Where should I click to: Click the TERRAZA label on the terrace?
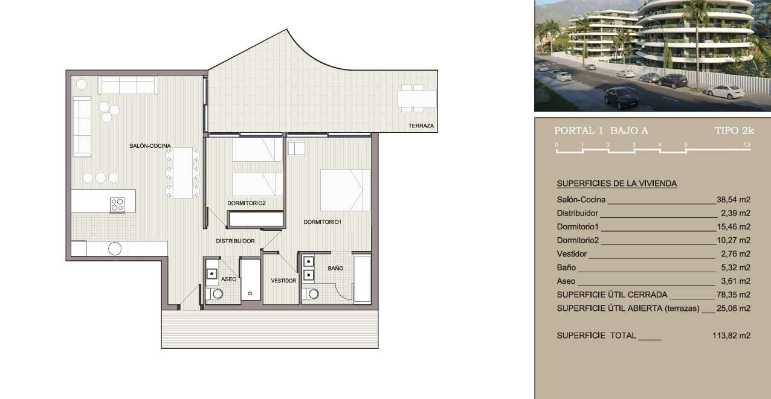coord(421,126)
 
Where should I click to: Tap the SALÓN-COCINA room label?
coord(150,146)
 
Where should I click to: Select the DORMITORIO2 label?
coord(247,203)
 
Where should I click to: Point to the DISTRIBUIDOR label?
coord(236,241)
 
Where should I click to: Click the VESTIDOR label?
coord(283,281)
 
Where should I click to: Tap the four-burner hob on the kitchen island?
coord(117,205)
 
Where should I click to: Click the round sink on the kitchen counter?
coord(115,249)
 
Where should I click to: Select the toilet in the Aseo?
coord(215,294)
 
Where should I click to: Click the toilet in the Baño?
coord(310,294)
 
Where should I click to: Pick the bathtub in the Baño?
coord(362,279)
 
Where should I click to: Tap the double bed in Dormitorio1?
coord(346,190)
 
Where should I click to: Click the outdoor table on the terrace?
coord(417,99)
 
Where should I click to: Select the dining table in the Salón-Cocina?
coord(182,173)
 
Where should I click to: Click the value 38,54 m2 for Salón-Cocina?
coord(734,199)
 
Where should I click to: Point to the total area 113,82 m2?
coord(731,336)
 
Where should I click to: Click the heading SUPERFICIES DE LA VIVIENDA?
coord(617,184)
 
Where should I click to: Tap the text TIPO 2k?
coord(735,131)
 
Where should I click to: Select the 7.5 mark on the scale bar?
coord(747,145)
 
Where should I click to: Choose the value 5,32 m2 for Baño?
coord(735,267)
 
